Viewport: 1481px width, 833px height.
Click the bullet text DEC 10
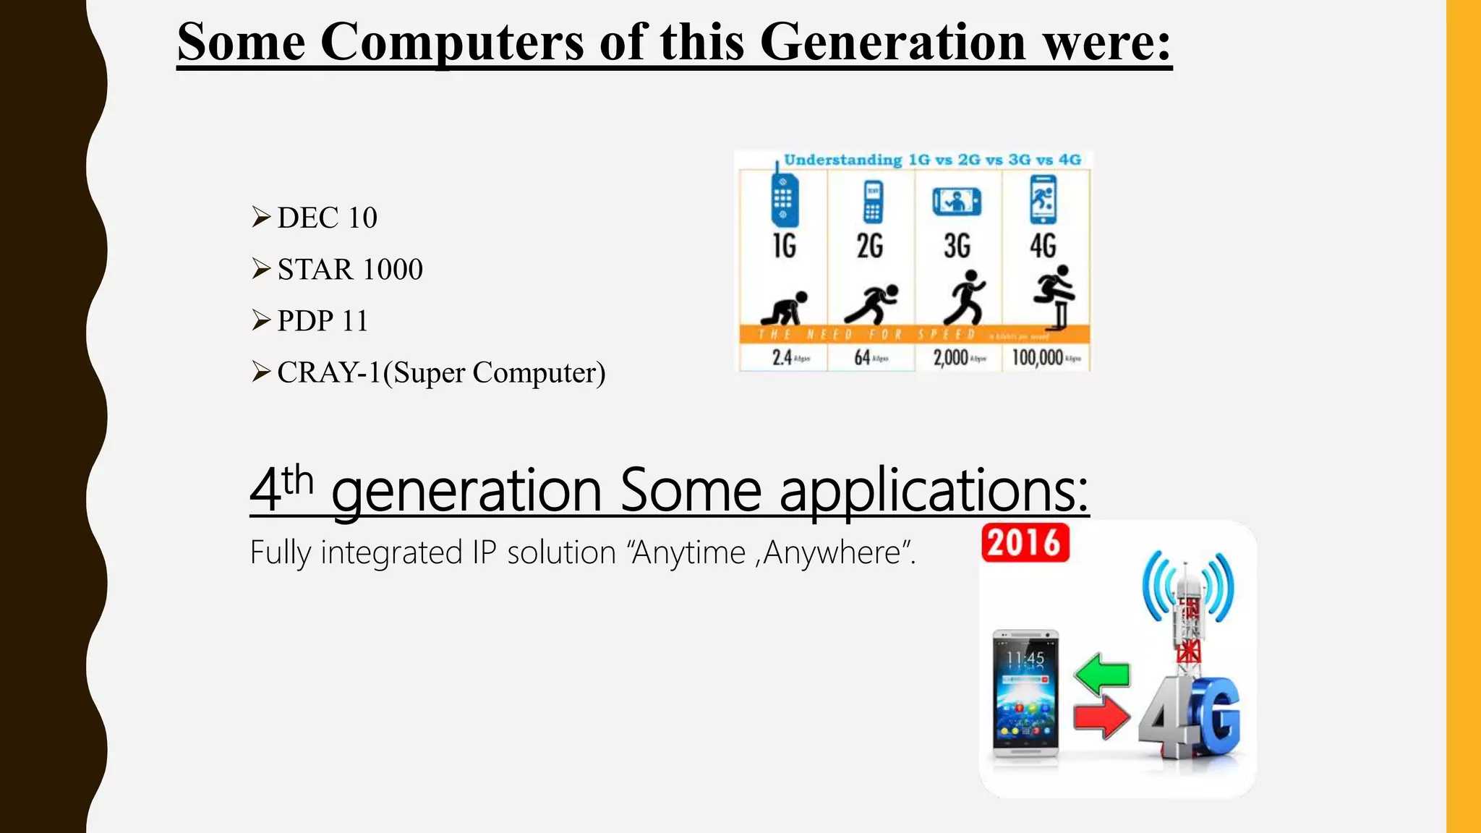[x=327, y=218]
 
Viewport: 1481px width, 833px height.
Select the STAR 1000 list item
[x=350, y=270]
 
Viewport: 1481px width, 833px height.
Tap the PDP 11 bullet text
[x=323, y=321]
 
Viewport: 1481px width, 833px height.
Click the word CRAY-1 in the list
[x=328, y=373]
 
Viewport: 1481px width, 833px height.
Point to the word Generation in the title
[x=892, y=42]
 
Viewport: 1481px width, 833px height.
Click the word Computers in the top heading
[x=451, y=42]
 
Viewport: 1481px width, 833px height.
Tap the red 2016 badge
[x=1025, y=542]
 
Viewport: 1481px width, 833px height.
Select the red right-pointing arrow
[x=1101, y=717]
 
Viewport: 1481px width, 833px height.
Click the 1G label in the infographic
[x=784, y=246]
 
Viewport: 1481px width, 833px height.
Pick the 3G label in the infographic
[x=957, y=246]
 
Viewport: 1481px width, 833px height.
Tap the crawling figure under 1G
[x=785, y=309]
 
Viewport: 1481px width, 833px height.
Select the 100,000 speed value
[x=1037, y=357]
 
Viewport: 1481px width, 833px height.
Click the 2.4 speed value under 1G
[x=782, y=357]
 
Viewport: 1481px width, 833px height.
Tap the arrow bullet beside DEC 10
[x=260, y=216]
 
